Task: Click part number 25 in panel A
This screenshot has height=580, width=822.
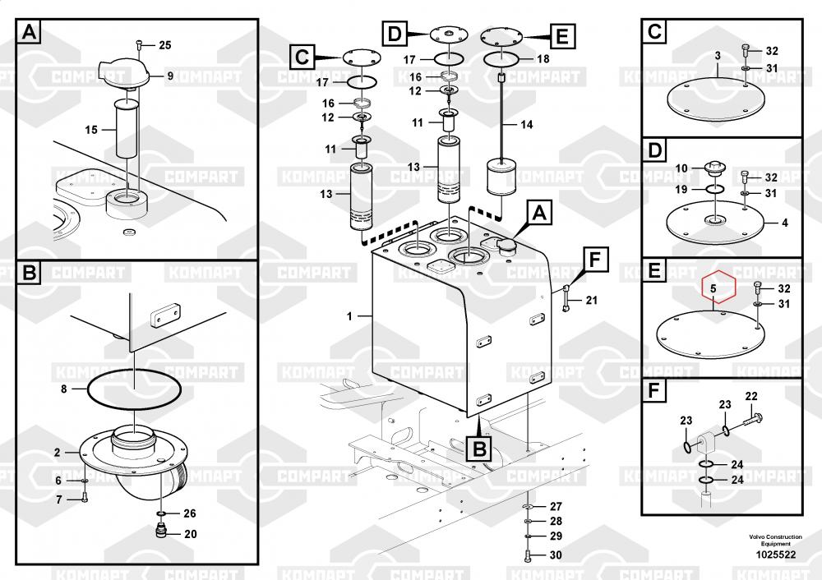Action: pos(165,45)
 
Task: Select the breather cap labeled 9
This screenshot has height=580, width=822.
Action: pos(123,73)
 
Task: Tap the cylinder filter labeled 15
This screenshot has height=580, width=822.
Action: pos(127,130)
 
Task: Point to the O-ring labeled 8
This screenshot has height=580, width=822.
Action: pos(134,389)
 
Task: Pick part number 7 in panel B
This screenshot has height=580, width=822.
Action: pos(58,499)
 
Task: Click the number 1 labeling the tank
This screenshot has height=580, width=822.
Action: pos(349,316)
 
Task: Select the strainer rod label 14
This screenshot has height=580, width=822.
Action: pos(526,125)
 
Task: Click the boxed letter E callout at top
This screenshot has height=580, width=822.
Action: pos(561,36)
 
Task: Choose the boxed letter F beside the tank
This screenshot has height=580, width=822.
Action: pos(595,260)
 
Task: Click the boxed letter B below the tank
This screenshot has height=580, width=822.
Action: pos(479,449)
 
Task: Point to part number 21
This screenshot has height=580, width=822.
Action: pos(591,300)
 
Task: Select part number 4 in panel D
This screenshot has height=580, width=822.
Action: pos(785,223)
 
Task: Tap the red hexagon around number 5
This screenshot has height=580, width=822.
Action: pos(719,287)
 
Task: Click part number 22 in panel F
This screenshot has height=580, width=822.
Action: pos(751,397)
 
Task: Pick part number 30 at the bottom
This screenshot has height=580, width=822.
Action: pos(556,555)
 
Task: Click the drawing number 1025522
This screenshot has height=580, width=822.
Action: pos(775,555)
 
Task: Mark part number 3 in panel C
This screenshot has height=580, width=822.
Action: pos(718,56)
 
